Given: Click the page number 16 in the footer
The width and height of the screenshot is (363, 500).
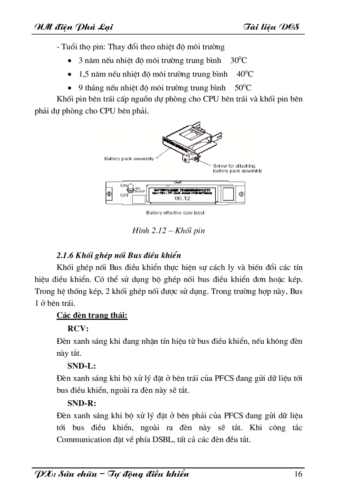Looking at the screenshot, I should point(298,474).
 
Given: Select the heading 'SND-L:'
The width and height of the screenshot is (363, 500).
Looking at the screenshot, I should point(81,366).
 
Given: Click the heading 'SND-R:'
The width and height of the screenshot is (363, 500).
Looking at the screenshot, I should point(82,403).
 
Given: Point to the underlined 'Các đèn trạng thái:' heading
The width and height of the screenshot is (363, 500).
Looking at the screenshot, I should point(92,316).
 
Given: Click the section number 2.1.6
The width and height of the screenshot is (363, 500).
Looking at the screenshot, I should point(65,255).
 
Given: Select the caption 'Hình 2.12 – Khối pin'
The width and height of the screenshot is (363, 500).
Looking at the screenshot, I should point(168,231).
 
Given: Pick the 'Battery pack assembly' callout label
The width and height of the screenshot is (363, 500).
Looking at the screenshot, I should point(129,159).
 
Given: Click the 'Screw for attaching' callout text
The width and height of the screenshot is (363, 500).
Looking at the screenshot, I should point(236,166).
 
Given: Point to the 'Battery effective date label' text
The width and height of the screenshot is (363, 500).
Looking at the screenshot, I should point(175,213).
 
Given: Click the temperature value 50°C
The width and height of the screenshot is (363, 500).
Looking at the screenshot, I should point(243,88).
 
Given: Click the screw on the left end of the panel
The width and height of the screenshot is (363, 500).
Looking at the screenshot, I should point(108,195).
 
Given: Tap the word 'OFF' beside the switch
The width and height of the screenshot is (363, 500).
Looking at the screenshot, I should point(125,195).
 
